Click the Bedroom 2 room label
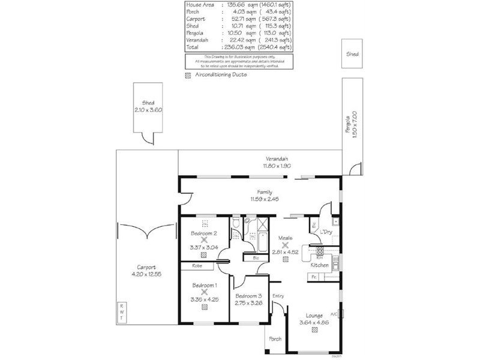[x=203, y=233]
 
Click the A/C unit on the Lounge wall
[x=341, y=313]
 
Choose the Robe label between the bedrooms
[x=196, y=265]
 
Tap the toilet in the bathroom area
[x=238, y=223]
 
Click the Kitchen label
[x=319, y=265]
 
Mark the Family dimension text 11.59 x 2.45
[x=265, y=199]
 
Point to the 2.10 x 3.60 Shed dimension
[x=148, y=110]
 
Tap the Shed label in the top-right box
[x=352, y=53]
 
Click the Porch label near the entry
[x=275, y=339]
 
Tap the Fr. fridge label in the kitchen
[x=313, y=276]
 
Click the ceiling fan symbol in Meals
[x=285, y=245]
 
